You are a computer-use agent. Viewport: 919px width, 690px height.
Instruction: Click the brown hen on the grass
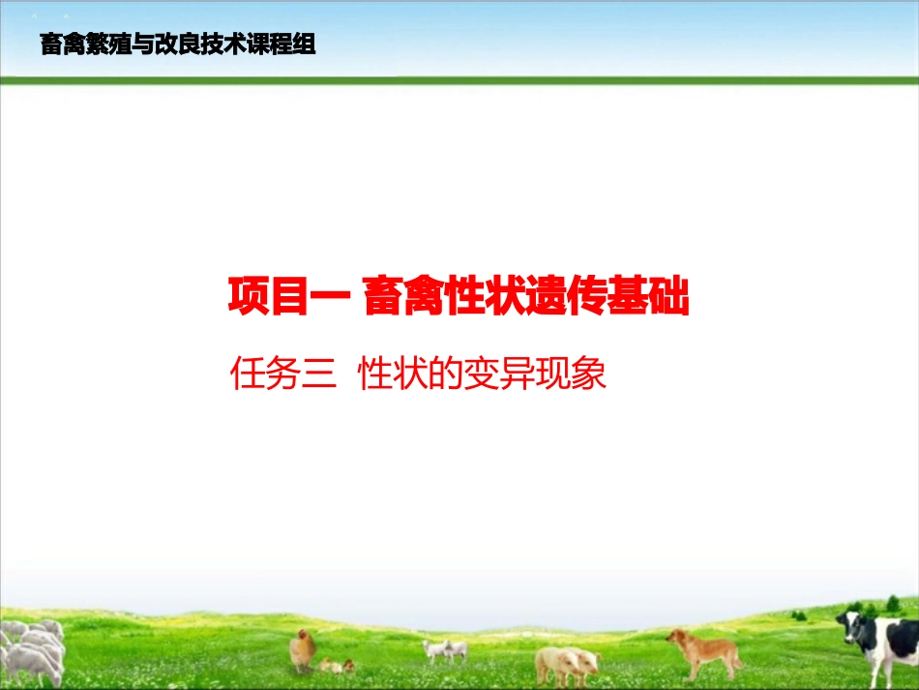304,648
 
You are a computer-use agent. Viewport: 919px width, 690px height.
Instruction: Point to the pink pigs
566,663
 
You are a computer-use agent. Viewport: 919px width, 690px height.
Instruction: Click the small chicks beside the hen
338,666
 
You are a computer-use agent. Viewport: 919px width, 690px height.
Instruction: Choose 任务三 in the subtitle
280,374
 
